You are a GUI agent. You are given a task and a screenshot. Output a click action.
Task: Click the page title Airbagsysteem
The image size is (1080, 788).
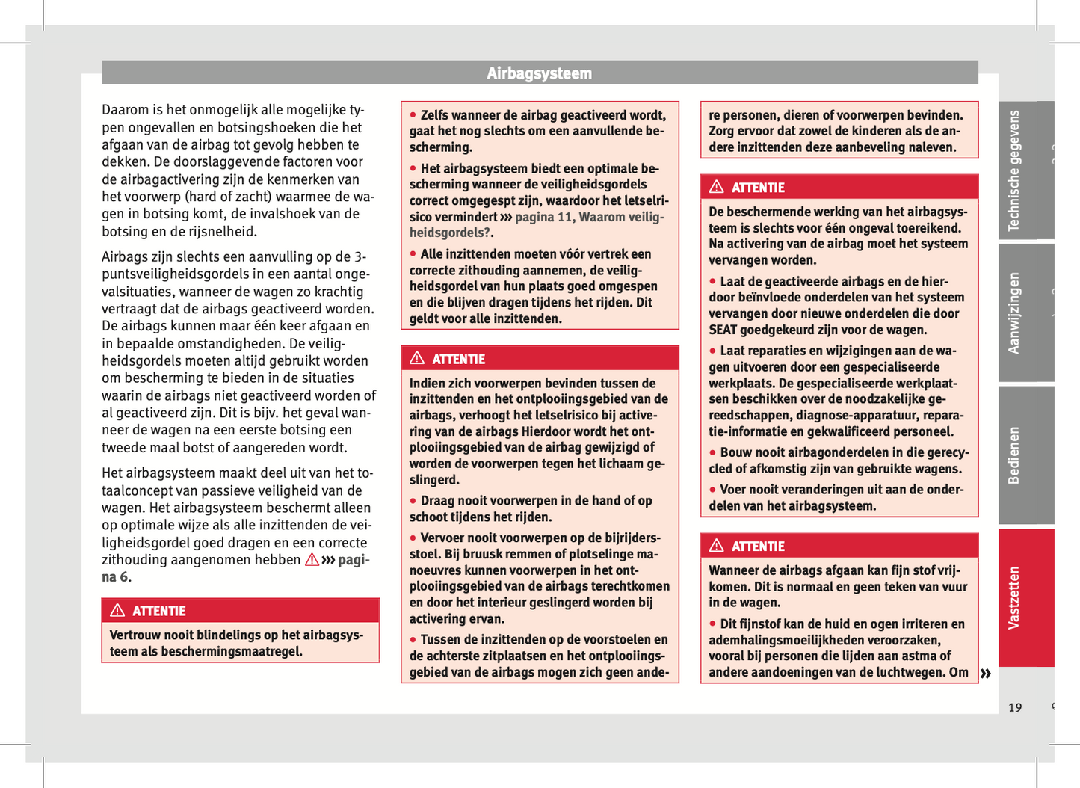539,73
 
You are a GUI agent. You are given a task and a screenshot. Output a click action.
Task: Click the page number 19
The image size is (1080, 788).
1014,707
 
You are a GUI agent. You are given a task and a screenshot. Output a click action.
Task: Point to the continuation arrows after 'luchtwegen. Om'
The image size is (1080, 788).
986,674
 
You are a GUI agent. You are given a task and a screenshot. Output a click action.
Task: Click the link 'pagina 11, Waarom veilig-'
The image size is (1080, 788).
589,217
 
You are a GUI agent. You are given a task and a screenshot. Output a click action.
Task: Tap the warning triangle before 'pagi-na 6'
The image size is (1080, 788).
312,560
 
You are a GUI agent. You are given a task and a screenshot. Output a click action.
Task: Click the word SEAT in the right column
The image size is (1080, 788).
723,330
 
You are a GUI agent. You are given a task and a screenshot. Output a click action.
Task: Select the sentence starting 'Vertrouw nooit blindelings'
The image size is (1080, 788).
237,643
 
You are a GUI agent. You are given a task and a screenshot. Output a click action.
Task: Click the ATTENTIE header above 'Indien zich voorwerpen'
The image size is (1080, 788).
458,360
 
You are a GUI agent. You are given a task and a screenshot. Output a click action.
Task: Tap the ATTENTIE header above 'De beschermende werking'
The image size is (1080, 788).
758,188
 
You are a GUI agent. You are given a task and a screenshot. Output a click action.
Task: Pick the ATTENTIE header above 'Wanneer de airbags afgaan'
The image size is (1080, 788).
758,547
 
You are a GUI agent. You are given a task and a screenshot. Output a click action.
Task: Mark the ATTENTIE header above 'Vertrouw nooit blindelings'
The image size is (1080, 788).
158,612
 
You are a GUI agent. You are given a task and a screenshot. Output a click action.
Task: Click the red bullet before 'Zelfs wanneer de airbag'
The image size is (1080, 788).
413,114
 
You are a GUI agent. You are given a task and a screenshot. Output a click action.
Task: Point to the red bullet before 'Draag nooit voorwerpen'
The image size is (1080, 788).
413,500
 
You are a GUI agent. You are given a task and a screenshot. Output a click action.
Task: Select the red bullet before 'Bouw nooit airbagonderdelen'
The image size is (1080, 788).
712,452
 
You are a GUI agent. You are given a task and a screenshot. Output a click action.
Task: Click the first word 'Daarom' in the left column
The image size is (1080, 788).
122,110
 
